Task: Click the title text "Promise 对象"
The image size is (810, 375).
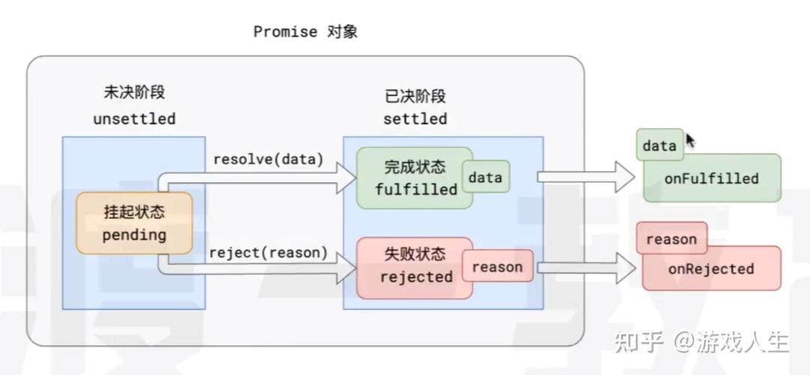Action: point(305,31)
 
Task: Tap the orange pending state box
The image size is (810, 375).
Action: point(133,223)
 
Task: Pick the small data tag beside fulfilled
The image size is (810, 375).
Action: point(485,178)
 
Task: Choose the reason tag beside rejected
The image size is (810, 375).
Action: point(496,267)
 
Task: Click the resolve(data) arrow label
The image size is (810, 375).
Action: point(268,159)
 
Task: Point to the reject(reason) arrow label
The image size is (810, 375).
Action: point(268,253)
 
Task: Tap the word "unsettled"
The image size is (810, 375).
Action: point(134,118)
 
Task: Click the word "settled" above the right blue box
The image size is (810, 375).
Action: point(415,118)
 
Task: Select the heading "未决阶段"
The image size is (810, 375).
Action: point(134,93)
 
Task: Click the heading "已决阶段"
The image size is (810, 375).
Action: point(415,96)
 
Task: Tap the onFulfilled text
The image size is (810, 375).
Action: point(711,178)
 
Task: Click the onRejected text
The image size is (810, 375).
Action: point(711,268)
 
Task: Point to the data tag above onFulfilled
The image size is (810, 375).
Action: point(659,145)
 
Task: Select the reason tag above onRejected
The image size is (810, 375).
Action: point(671,239)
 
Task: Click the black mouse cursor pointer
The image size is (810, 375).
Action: point(690,141)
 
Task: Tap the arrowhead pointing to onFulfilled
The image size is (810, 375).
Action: point(625,177)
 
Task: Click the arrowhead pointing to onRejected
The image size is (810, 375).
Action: point(625,267)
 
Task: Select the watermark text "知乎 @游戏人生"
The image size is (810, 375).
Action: point(701,343)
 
